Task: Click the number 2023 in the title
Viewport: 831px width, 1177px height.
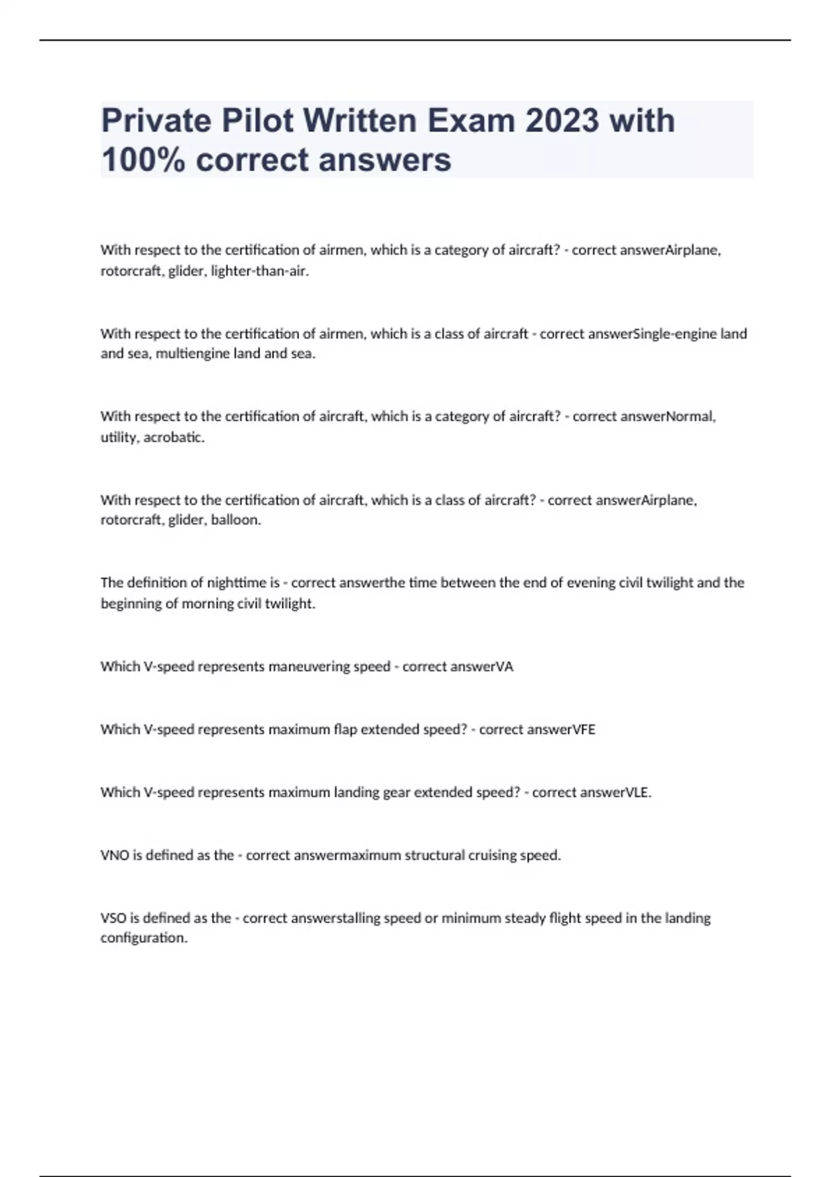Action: click(x=562, y=120)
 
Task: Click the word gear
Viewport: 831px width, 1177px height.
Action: click(x=396, y=793)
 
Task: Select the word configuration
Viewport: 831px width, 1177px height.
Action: click(x=143, y=938)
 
